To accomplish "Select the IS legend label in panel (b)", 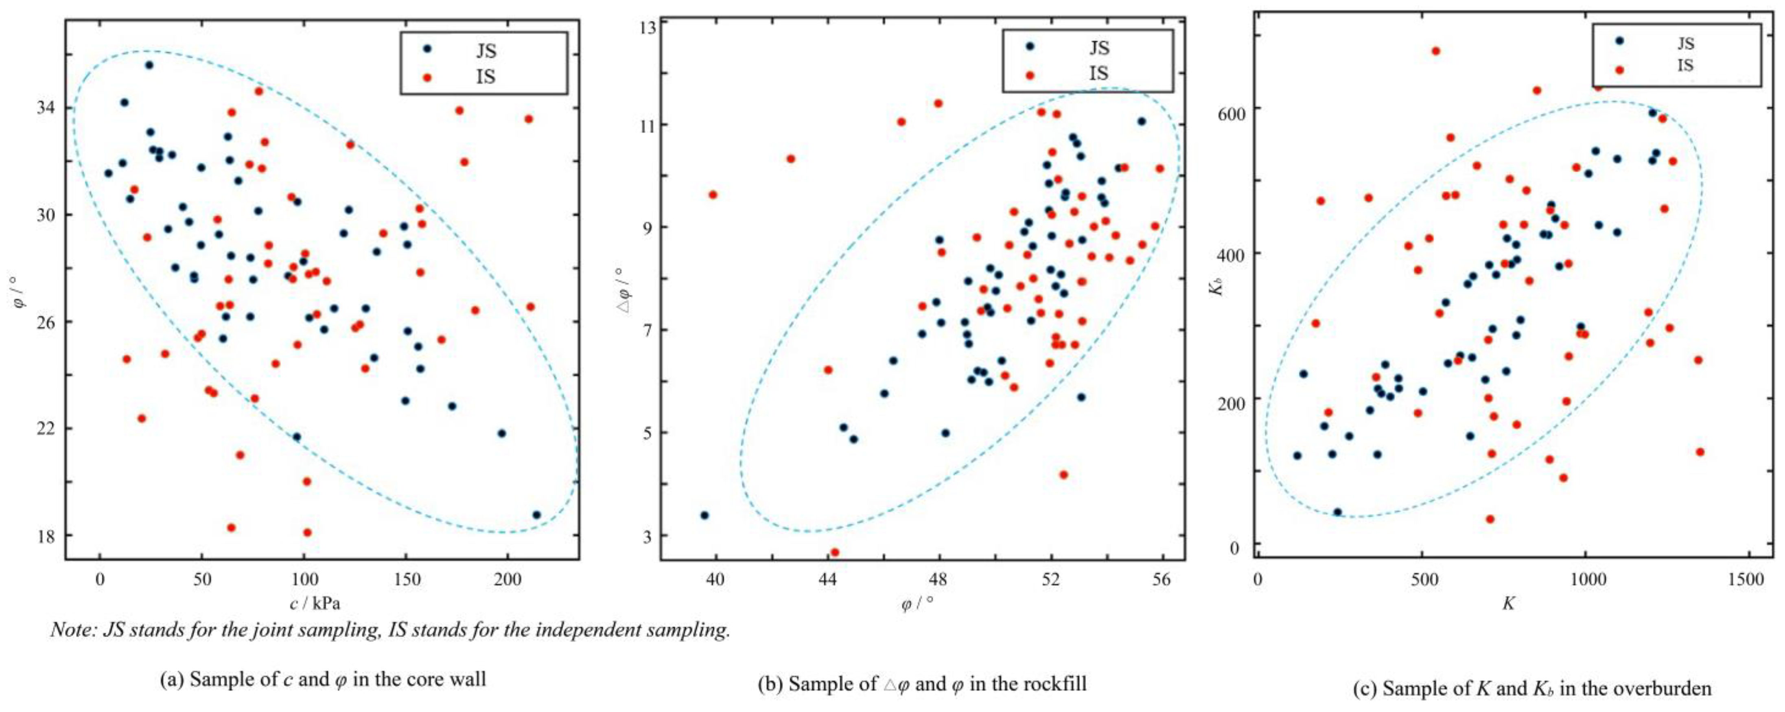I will tap(1098, 74).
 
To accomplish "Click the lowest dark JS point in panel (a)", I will tap(536, 515).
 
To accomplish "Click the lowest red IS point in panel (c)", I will tap(1490, 519).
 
